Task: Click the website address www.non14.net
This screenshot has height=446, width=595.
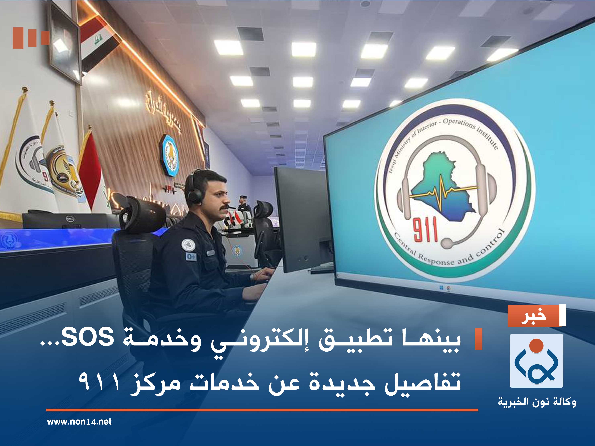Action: coord(79,422)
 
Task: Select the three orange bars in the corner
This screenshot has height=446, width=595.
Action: coord(31,38)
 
